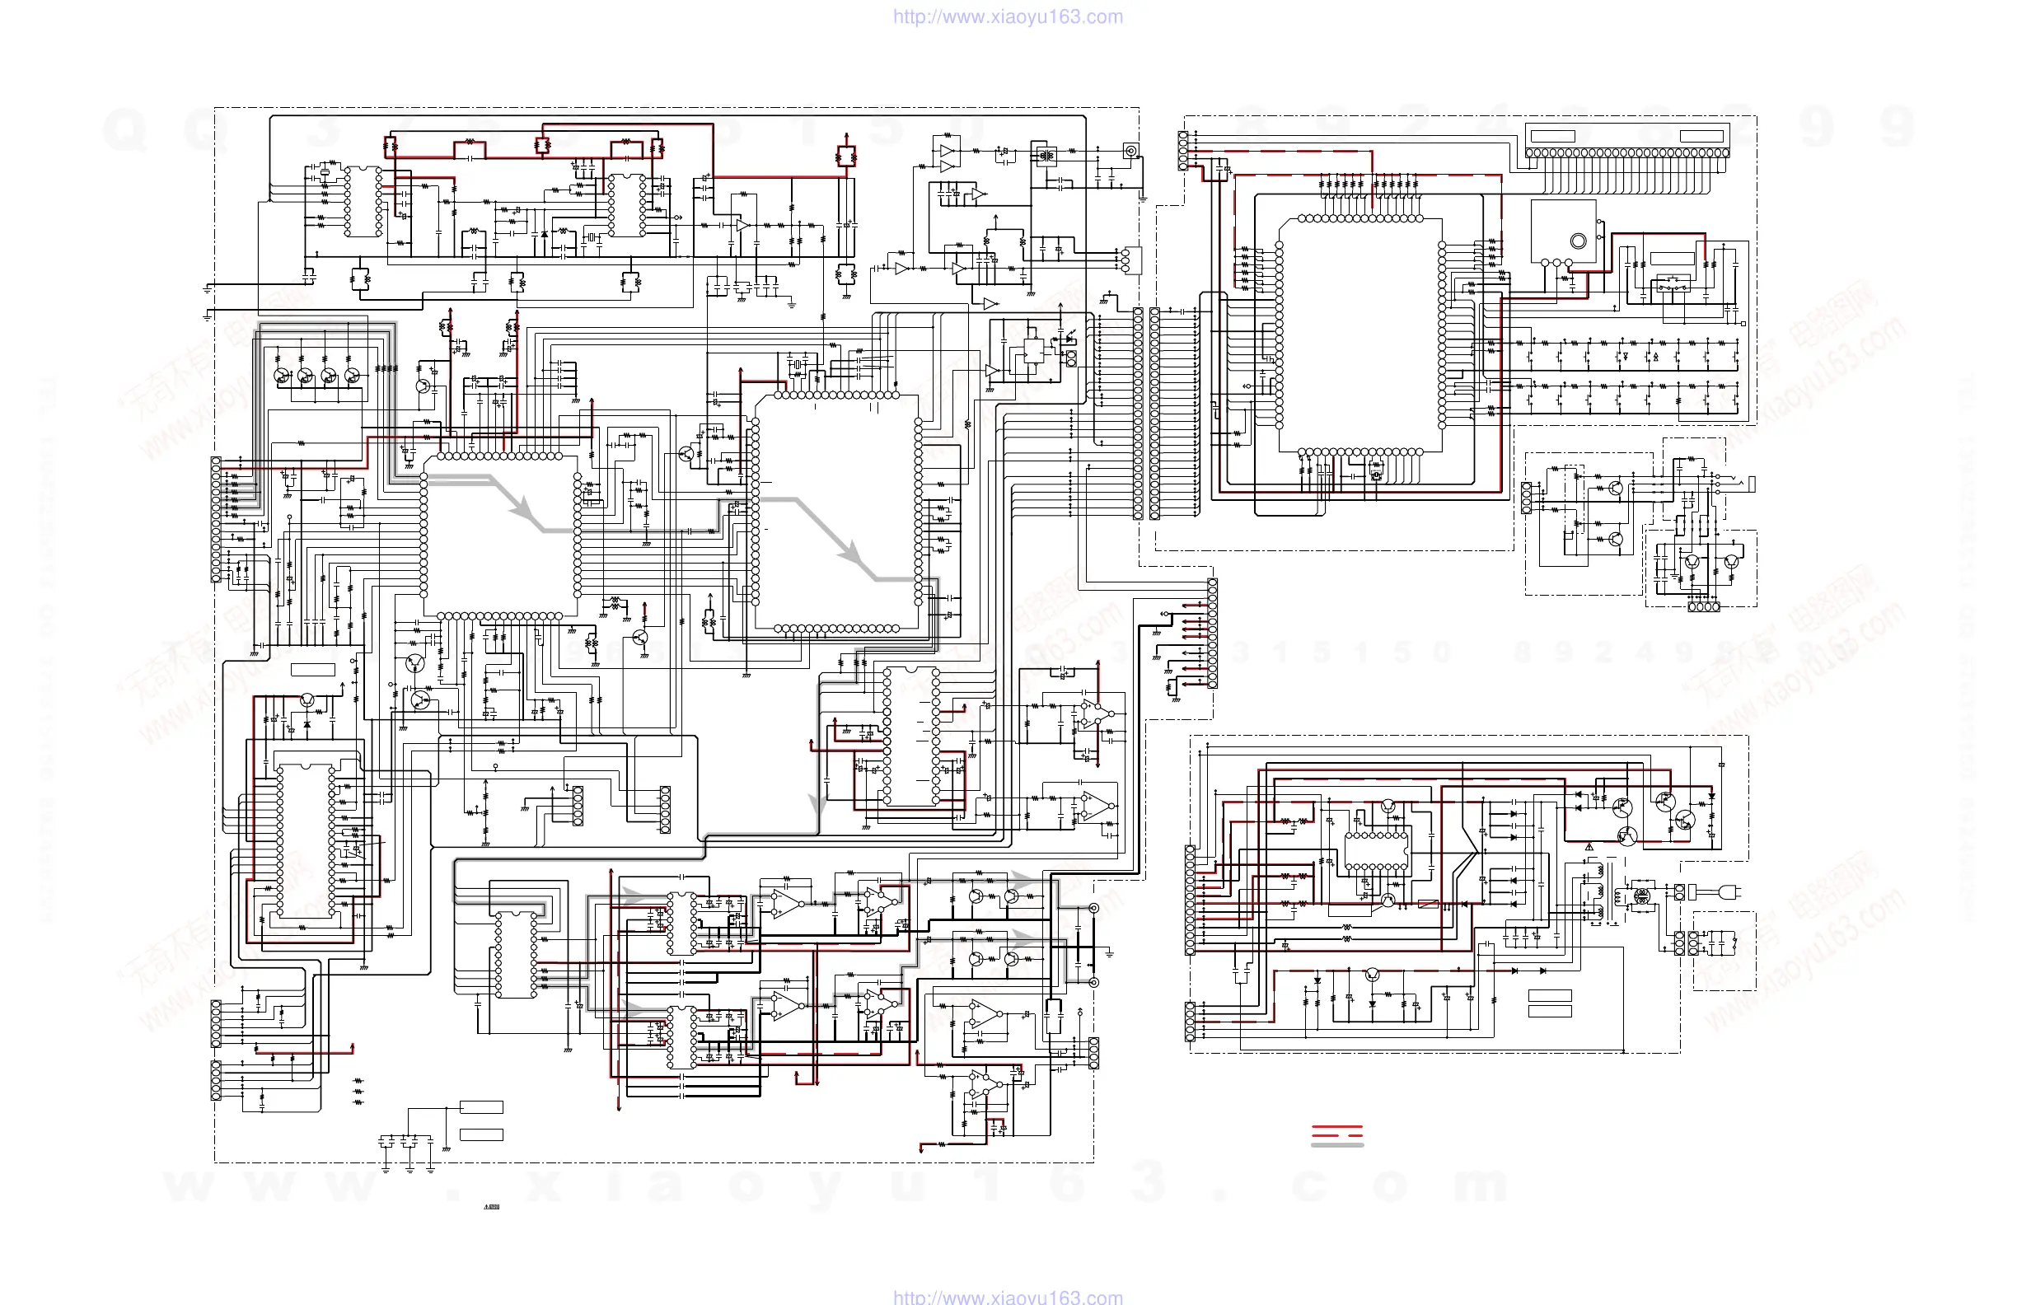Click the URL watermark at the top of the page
point(1008,17)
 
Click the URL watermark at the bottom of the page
point(1008,1297)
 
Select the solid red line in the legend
point(1336,1127)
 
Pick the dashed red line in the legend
point(1336,1135)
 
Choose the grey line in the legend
point(1336,1146)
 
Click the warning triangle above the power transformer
point(1589,847)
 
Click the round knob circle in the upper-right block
point(1578,241)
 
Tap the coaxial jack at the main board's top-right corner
point(1130,151)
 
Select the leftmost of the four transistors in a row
point(281,375)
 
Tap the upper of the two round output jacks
point(1093,909)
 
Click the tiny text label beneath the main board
point(492,1207)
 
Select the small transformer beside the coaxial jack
point(1046,156)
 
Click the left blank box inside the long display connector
point(1552,136)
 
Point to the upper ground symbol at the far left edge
point(207,289)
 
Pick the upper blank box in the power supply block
point(1550,996)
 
